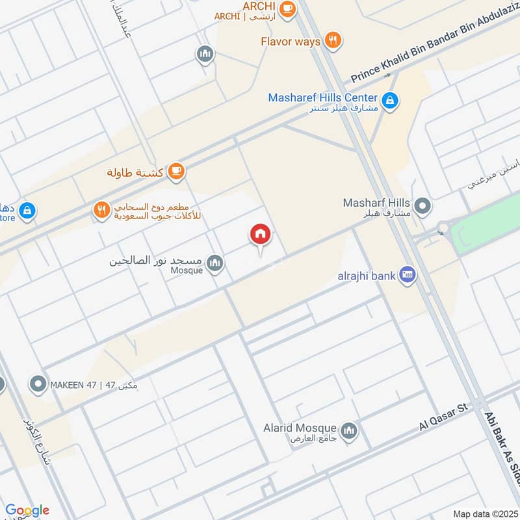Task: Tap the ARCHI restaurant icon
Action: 287,9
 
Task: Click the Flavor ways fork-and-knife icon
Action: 333,40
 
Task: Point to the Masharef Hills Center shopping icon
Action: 391,100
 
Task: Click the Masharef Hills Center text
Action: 323,97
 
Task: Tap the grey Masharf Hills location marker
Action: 423,207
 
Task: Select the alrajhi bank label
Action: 366,276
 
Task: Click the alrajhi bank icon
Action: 408,275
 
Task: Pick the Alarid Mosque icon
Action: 350,430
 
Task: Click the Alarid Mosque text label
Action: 300,428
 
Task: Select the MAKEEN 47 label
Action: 94,385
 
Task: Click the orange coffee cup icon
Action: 175,172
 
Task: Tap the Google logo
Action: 27,510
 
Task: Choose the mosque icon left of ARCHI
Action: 205,55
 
